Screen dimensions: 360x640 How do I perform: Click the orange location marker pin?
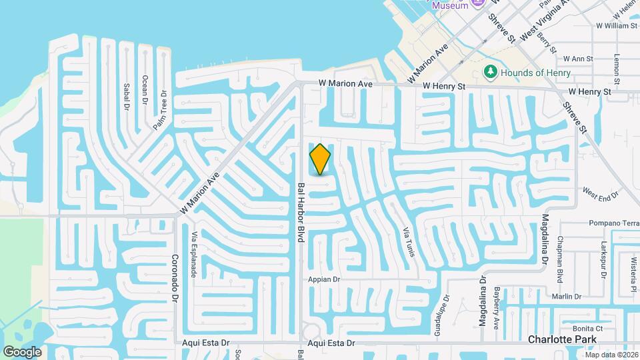tap(321, 159)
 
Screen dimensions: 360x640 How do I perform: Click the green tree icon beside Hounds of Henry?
tap(491, 71)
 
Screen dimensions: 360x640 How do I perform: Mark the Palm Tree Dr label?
tap(161, 111)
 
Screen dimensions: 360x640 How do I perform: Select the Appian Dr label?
tap(325, 280)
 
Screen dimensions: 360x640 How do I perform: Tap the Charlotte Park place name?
tap(555, 339)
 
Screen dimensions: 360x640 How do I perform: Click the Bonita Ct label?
tap(587, 328)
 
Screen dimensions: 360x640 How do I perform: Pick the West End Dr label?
tap(600, 193)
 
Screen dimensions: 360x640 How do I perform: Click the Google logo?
tap(23, 352)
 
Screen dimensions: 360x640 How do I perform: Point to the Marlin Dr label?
tap(567, 296)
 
